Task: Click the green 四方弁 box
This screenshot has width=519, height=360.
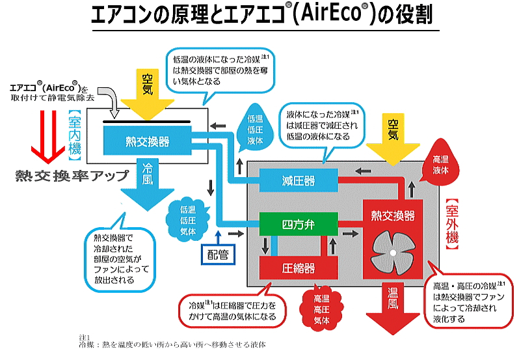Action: [299, 224]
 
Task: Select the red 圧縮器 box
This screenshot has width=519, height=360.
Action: [299, 268]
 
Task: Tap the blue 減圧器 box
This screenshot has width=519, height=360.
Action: [299, 180]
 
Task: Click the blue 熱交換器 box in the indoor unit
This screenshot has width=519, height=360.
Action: [147, 141]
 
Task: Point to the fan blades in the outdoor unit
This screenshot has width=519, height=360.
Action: [393, 253]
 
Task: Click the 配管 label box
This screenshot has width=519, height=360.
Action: [218, 255]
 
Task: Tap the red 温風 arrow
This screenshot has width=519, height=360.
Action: [393, 308]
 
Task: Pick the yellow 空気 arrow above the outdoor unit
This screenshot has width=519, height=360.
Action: [393, 140]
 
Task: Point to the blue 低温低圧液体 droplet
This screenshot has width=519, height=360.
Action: [255, 128]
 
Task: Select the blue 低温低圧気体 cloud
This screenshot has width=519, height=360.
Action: [188, 219]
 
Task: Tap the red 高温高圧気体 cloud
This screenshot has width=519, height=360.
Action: [321, 309]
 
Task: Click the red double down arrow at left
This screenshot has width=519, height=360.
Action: [48, 137]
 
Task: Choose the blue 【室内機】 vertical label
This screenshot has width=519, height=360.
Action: [75, 135]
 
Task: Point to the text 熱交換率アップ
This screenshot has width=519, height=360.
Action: [72, 176]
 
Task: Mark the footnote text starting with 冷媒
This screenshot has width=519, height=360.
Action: [172, 345]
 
